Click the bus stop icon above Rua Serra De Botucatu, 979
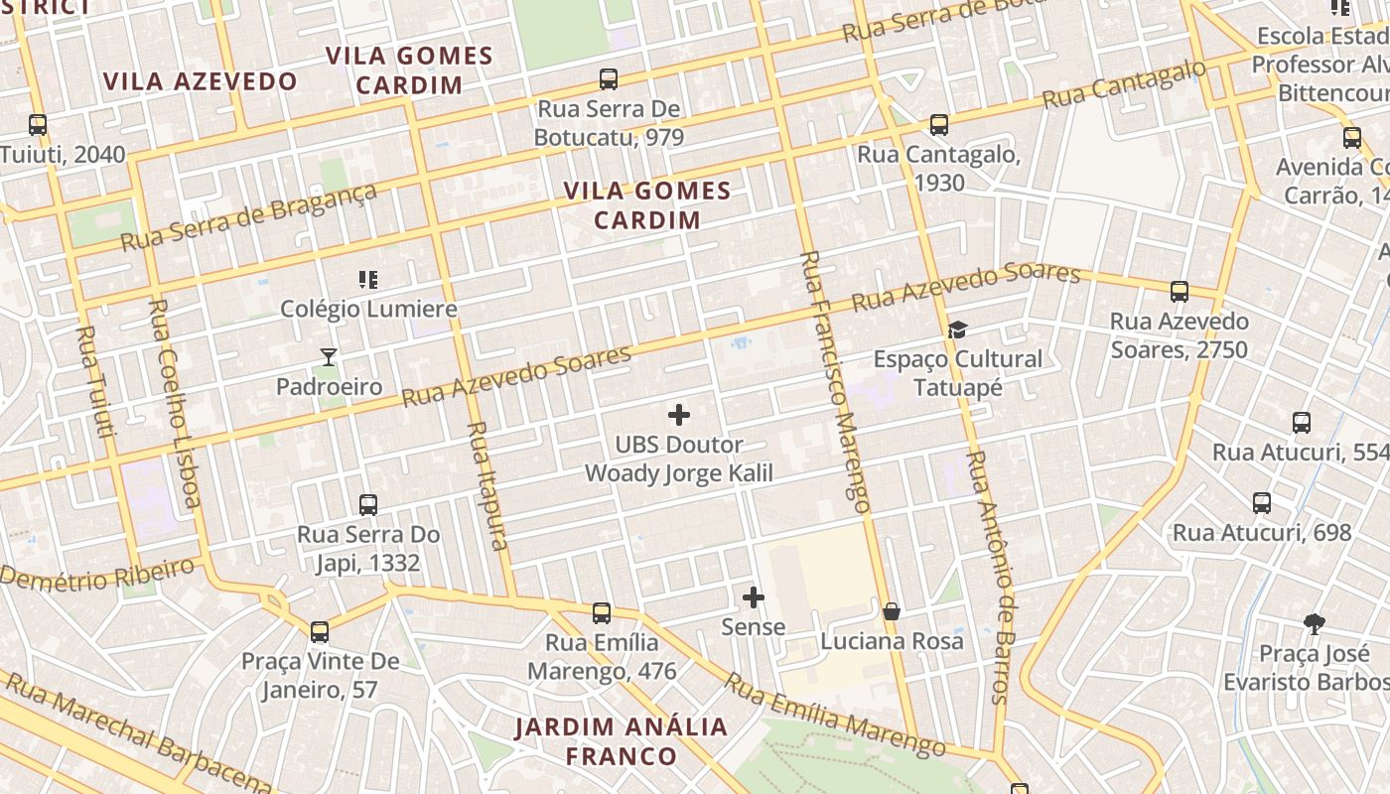tap(609, 79)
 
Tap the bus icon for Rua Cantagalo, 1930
tap(938, 125)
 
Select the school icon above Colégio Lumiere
tap(368, 280)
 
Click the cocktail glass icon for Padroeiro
tap(329, 356)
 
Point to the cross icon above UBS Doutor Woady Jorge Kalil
tap(679, 415)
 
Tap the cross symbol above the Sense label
tap(754, 597)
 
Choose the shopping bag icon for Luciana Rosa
tap(892, 611)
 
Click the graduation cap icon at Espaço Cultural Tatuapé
tap(957, 330)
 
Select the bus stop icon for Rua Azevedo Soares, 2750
tap(1179, 292)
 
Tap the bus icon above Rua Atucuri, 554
tap(1301, 423)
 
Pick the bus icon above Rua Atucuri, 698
tap(1261, 503)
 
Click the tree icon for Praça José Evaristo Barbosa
tap(1315, 624)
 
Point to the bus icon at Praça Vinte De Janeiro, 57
tap(320, 632)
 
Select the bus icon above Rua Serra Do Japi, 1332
tap(368, 505)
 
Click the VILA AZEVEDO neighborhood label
tap(201, 81)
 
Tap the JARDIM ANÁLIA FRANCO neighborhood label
tap(622, 740)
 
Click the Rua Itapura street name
tap(487, 485)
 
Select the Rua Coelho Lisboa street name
tap(174, 402)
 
